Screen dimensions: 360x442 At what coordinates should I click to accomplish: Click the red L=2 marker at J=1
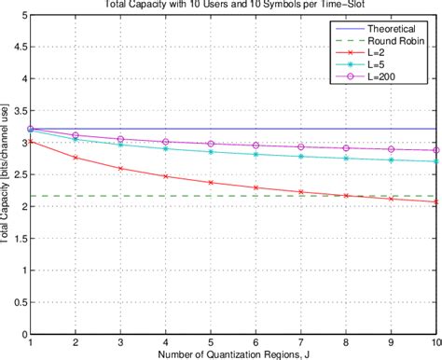click(x=31, y=142)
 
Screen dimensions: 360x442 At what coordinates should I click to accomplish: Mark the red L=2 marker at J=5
click(x=211, y=183)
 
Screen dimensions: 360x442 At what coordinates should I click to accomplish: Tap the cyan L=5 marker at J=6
click(x=256, y=155)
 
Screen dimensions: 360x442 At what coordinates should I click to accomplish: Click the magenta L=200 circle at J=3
click(x=121, y=140)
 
